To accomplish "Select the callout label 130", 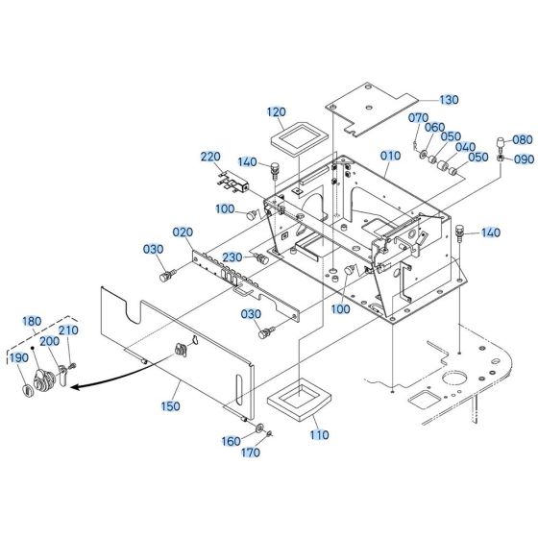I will click(x=450, y=100).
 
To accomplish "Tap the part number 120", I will click(x=277, y=112).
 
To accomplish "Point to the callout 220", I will click(x=210, y=156).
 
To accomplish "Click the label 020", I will click(x=183, y=232).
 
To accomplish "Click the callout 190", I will click(x=18, y=357).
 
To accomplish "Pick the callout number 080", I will click(x=521, y=139).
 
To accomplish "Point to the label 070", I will click(x=418, y=118).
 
